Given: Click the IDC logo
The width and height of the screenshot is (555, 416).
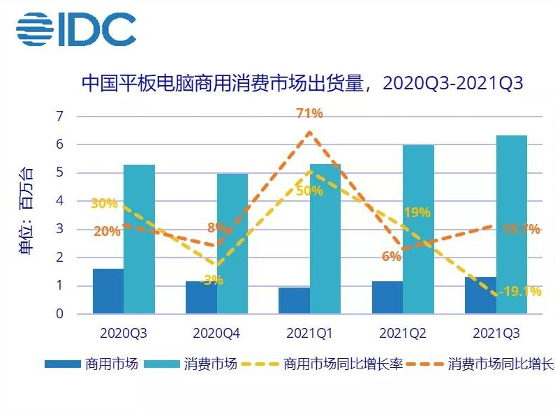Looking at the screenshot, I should (76, 30).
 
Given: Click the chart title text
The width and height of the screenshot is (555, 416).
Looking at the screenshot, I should (302, 83).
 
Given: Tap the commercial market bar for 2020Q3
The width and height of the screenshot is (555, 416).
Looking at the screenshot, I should (108, 291).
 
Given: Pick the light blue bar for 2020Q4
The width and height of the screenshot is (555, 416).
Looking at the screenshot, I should (232, 244).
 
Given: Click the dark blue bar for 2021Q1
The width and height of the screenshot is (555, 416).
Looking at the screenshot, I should (294, 301).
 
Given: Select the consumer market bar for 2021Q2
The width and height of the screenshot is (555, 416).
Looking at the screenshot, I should (418, 230).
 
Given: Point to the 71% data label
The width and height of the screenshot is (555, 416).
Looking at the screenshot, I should (309, 114).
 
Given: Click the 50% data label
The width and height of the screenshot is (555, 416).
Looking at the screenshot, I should (309, 191).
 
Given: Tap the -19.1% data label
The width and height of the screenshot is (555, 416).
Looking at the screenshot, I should (520, 292).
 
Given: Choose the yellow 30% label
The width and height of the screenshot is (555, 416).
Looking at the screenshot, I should (103, 204).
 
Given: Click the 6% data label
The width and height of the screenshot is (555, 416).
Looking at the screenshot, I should (391, 256).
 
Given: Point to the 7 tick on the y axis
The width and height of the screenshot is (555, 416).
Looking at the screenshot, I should (59, 116).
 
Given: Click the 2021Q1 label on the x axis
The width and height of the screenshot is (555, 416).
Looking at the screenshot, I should (309, 334).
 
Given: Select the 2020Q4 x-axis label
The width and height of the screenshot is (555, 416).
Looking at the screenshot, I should (216, 334).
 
